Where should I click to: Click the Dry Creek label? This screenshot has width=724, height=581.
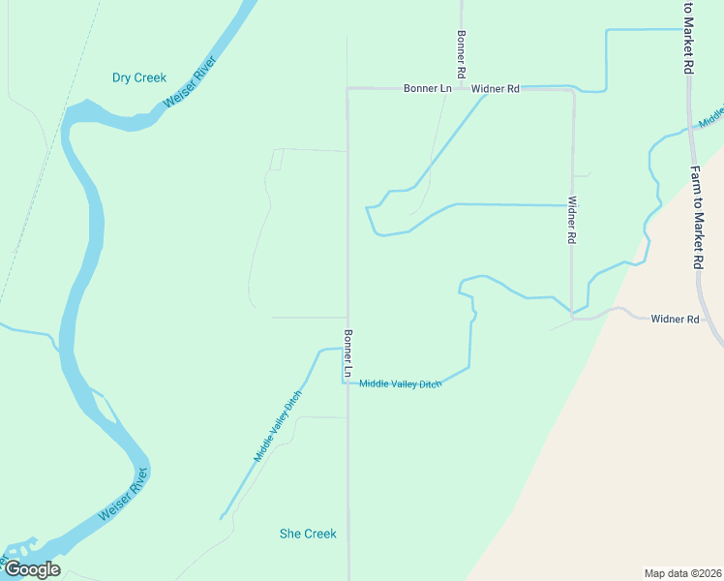point(139,77)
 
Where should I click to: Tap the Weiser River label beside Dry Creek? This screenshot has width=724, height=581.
point(189,81)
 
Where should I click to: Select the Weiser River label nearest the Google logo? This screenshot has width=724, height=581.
point(124,496)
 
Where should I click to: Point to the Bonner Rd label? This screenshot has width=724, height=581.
point(462,53)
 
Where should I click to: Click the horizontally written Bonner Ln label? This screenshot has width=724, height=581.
point(428,88)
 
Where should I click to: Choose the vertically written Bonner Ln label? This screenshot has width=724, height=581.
point(347,353)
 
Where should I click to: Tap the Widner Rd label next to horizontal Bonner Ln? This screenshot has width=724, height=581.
point(496,88)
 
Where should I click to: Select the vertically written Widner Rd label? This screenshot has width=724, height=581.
point(572,220)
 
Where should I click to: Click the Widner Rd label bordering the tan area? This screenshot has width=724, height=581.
point(675,319)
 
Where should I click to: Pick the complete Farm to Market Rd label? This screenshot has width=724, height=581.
point(696,216)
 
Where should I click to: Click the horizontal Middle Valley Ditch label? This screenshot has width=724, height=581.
point(400,384)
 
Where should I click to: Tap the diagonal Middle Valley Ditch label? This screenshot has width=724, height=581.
point(278,426)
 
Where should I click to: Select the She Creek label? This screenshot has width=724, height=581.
point(308,534)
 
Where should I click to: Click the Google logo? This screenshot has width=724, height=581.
point(32,569)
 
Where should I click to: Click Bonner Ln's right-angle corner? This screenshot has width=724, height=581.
point(348,89)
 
